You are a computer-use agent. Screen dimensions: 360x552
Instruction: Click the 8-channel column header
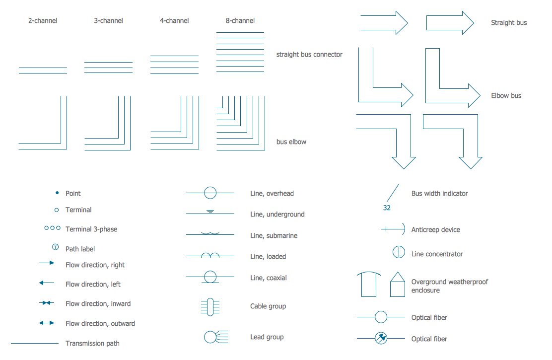click(x=240, y=21)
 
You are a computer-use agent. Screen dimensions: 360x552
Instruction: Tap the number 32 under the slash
click(x=387, y=208)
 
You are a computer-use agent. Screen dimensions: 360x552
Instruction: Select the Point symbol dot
click(x=57, y=193)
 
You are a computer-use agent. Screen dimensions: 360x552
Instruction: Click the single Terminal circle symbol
click(x=56, y=210)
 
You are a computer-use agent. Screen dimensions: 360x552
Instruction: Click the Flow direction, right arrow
click(x=47, y=263)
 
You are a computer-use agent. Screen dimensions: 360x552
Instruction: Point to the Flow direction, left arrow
click(x=47, y=283)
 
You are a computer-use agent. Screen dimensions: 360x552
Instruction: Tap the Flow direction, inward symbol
click(x=47, y=303)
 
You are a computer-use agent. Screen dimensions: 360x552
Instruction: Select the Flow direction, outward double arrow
click(x=47, y=323)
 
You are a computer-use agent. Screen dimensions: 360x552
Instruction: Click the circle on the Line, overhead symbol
click(x=210, y=193)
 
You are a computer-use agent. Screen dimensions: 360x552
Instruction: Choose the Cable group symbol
click(x=210, y=306)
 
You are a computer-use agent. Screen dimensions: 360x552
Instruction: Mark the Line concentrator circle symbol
click(x=399, y=252)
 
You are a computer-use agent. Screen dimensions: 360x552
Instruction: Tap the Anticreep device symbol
click(x=393, y=229)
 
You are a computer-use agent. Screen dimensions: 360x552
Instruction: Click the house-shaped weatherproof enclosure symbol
click(x=398, y=285)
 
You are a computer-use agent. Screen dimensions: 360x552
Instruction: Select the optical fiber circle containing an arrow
click(x=381, y=338)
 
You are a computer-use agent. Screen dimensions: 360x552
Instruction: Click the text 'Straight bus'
click(x=509, y=23)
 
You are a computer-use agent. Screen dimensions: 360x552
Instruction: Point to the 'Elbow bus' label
click(x=506, y=96)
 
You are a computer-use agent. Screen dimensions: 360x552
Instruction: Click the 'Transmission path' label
click(x=92, y=344)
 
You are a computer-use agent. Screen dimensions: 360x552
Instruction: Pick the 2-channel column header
click(x=43, y=21)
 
